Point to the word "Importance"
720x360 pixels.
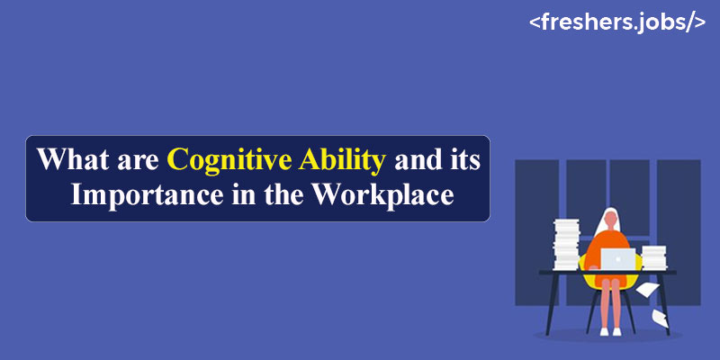(x=143, y=196)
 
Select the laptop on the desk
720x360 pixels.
(x=618, y=259)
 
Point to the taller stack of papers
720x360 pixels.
(x=567, y=245)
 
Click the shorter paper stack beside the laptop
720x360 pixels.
(x=654, y=257)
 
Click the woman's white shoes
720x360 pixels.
(x=611, y=331)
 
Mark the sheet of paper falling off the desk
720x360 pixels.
(x=647, y=289)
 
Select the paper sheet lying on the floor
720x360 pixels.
(x=661, y=319)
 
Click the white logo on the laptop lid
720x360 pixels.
(x=618, y=259)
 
